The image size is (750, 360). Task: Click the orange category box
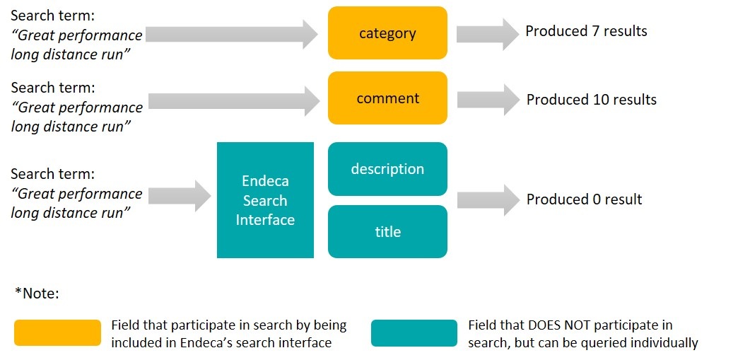387,33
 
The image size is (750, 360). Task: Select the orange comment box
387,98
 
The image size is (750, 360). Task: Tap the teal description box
387,169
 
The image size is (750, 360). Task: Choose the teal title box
387,232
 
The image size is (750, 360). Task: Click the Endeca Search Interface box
265,200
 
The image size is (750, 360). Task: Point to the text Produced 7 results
586,31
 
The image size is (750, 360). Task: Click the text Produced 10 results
591,100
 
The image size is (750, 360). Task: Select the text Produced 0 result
584,199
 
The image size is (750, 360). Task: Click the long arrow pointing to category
233,34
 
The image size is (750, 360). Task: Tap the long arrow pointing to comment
233,100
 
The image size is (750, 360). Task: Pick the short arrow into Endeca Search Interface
180,195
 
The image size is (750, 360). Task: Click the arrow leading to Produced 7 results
488,33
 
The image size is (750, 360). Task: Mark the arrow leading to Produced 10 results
488,99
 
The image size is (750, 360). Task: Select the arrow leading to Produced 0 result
488,199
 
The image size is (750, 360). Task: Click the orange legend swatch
58,332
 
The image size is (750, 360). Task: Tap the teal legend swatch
414,333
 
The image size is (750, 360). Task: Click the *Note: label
37,293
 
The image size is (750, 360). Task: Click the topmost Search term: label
53,16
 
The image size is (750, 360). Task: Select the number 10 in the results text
599,100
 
